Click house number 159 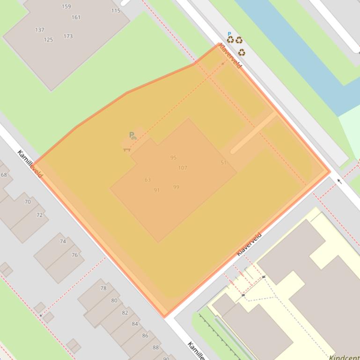pyautogui.click(x=66, y=7)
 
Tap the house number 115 pyautogui.click(x=116, y=10)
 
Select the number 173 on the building pyautogui.click(x=68, y=36)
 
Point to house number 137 pyautogui.click(x=39, y=30)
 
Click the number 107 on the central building pyautogui.click(x=183, y=168)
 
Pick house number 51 pyautogui.click(x=223, y=163)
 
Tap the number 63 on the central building pyautogui.click(x=147, y=180)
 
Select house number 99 pyautogui.click(x=176, y=187)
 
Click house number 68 pyautogui.click(x=4, y=175)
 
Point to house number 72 pyautogui.click(x=39, y=215)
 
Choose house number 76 pyautogui.click(x=74, y=255)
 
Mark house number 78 pyautogui.click(x=103, y=288)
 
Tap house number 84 pyautogui.click(x=135, y=324)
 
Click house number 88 pyautogui.click(x=155, y=347)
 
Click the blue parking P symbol pyautogui.click(x=229, y=34)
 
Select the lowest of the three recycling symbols pyautogui.click(x=242, y=52)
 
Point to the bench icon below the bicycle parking pyautogui.click(x=126, y=149)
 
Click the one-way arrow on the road pyautogui.click(x=339, y=181)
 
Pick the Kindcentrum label pyautogui.click(x=344, y=357)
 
